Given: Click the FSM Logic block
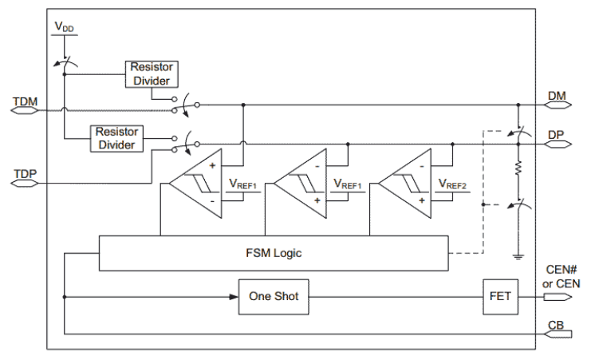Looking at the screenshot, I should tap(273, 252).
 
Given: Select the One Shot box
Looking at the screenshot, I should tap(274, 296).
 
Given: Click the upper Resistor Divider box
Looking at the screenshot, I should tap(151, 74).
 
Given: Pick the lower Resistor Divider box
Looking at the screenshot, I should tap(118, 136).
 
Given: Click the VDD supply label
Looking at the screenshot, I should tap(64, 26).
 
